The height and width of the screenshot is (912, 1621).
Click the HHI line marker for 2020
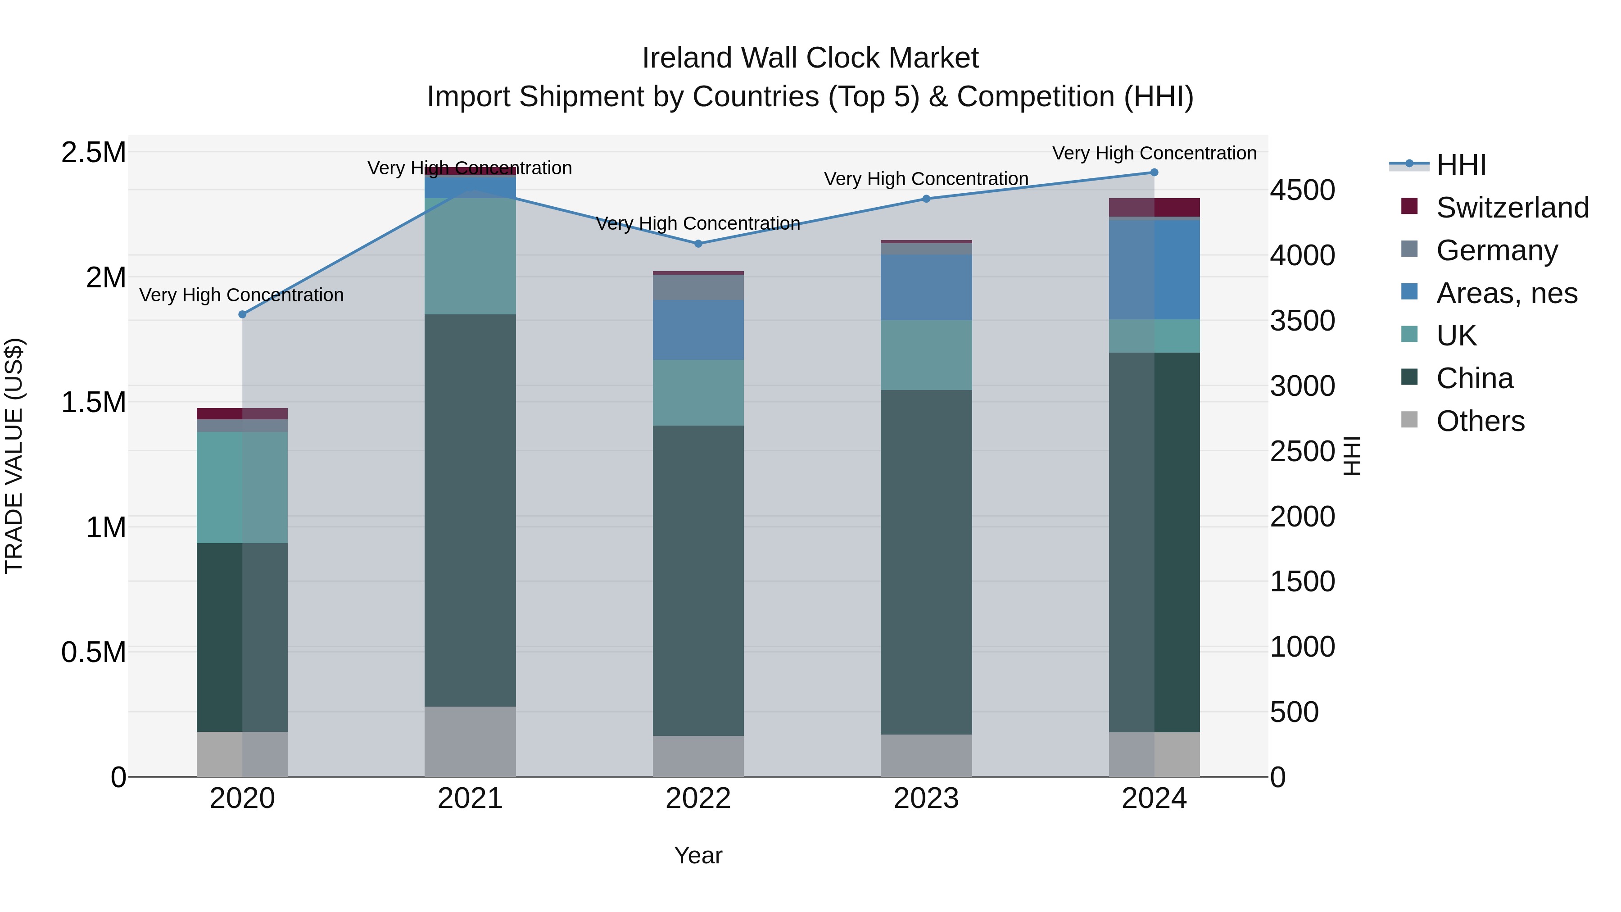click(242, 314)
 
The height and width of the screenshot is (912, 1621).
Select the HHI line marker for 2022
click(698, 244)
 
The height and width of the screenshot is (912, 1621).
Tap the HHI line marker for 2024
click(1154, 172)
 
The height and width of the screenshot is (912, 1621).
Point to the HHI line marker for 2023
click(926, 199)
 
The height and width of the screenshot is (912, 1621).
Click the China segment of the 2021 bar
click(470, 510)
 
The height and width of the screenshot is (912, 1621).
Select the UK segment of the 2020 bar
click(242, 487)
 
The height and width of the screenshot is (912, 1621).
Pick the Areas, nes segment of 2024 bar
click(1154, 269)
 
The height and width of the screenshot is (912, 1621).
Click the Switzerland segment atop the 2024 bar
click(1154, 207)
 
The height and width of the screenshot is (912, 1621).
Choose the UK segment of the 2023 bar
click(926, 355)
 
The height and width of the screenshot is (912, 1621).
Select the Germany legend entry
click(1496, 250)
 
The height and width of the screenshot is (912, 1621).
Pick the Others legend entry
click(1480, 421)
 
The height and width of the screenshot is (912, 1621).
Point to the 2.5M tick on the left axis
click(93, 152)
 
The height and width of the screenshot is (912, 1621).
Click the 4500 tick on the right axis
click(1302, 190)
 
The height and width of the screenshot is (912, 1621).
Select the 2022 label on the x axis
click(698, 799)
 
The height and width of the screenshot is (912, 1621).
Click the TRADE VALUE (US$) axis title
click(14, 456)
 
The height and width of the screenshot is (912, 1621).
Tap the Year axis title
click(698, 855)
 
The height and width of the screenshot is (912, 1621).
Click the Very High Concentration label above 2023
click(926, 179)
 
